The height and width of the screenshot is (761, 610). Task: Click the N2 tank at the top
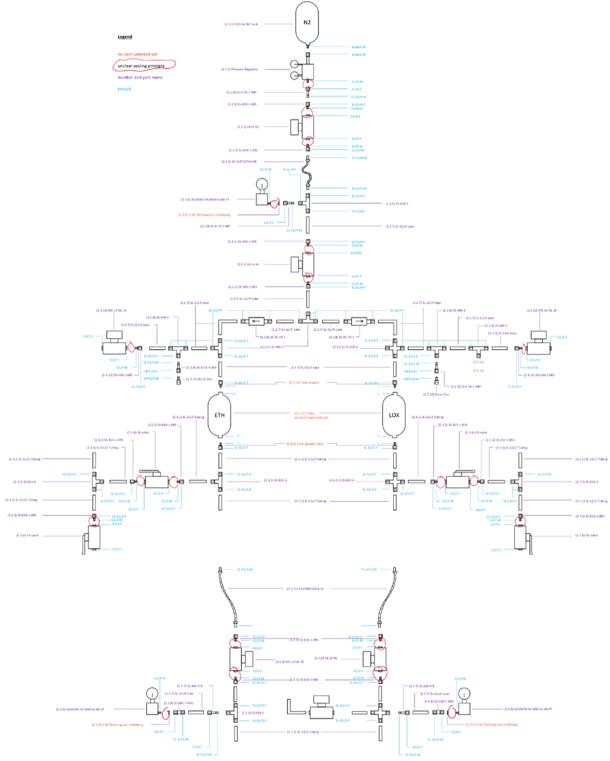coord(307,23)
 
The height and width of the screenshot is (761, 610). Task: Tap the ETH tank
coord(220,415)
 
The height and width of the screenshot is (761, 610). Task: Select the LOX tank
coord(394,415)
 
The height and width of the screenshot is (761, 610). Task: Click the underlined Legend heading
coord(125,37)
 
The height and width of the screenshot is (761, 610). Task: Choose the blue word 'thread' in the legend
coord(124,89)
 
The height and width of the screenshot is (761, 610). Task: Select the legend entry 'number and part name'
coord(140,77)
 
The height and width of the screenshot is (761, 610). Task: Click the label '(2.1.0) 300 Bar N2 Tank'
coord(242,24)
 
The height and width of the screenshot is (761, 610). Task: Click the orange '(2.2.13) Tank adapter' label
coord(304,383)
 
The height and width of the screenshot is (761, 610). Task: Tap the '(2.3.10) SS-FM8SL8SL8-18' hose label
coord(305,589)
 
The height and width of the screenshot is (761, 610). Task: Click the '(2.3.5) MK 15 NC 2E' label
coord(290,661)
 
